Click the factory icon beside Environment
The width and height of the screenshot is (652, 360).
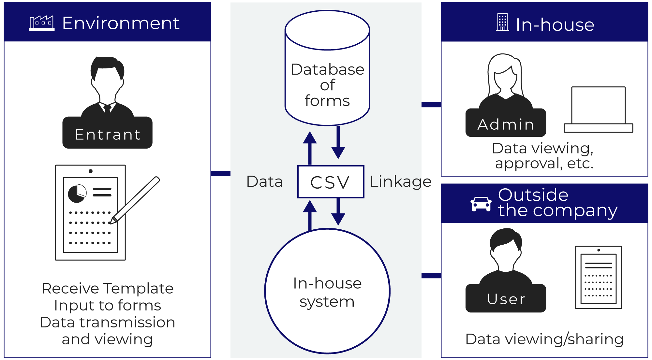point(42,23)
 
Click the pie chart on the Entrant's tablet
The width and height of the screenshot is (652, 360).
point(77,194)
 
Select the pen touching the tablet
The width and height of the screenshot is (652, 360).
point(136,200)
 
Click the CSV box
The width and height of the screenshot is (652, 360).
point(331,182)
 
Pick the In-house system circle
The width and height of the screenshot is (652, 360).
point(327,291)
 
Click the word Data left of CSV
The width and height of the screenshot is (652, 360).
point(264,181)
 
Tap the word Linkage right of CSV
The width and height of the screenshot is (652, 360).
point(400,181)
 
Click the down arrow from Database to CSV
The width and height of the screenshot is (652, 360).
point(338,142)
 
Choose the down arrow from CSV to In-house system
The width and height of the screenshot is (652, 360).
point(338,212)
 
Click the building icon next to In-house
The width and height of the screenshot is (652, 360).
point(502,22)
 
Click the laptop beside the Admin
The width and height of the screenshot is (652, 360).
point(599,109)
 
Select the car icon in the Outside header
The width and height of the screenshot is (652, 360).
point(481,204)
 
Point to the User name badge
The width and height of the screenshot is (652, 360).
point(506,298)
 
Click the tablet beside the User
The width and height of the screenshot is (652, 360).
point(599,277)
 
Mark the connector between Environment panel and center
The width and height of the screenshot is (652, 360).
point(221,174)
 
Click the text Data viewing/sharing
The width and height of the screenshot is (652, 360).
point(544,339)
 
